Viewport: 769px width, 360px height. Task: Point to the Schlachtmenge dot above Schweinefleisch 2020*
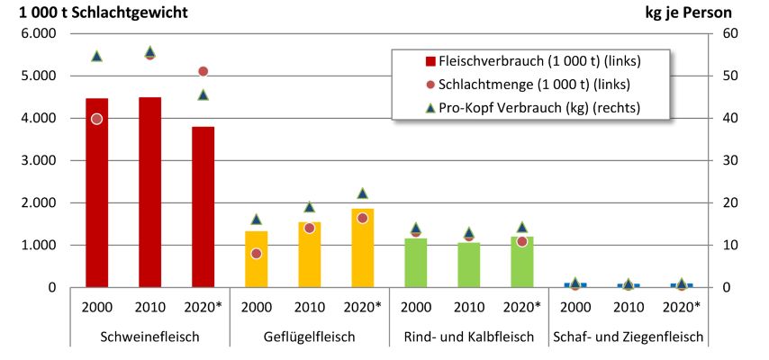pos(204,71)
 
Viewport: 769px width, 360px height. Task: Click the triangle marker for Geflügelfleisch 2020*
pos(363,193)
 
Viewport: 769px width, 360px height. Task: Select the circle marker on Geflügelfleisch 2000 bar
pos(257,254)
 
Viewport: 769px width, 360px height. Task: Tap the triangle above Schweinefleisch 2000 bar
pos(96,56)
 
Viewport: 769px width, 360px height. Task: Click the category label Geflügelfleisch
pos(309,337)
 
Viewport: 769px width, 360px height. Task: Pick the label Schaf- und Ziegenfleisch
pos(628,337)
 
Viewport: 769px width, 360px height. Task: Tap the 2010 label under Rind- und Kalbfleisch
pos(468,305)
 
